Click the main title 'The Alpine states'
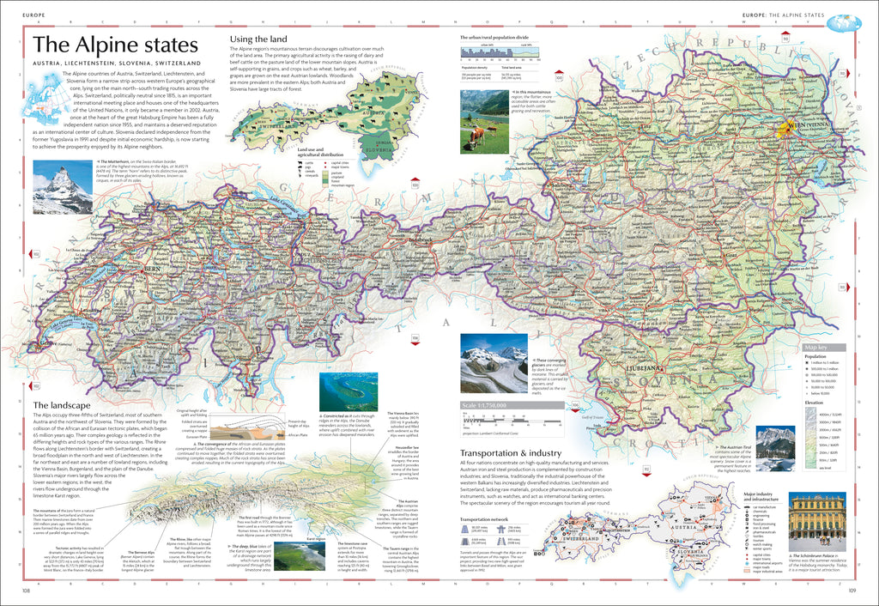[115, 45]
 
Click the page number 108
[27, 590]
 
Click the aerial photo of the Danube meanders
[348, 392]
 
